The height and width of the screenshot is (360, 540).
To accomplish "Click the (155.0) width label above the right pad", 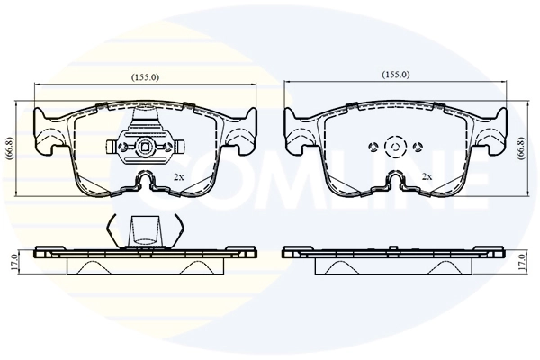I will tap(396, 75).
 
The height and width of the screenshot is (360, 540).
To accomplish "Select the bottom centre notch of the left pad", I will tap(145, 183).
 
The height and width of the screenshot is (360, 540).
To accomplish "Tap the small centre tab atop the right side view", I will tap(394, 245).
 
